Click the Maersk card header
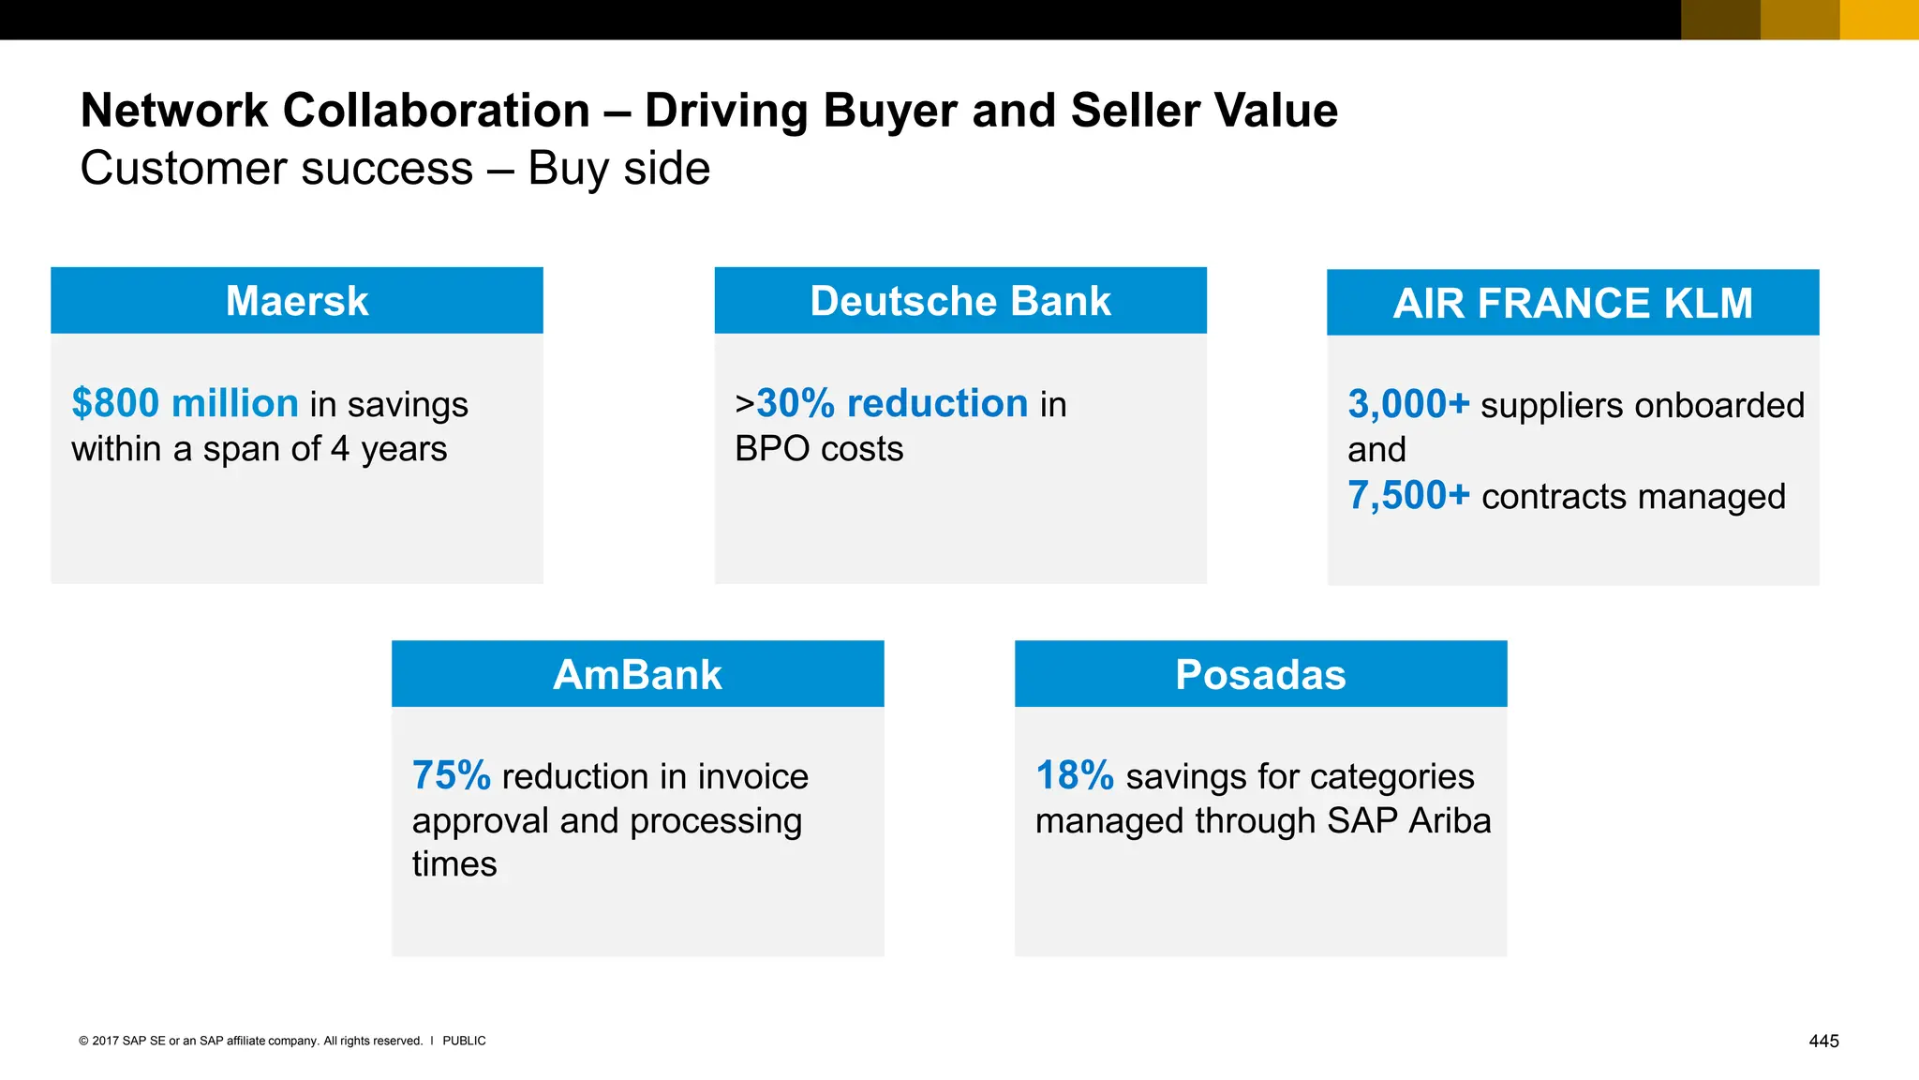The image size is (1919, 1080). tap(297, 301)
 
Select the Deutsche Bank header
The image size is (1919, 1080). tap(959, 301)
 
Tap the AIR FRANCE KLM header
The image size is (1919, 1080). tap(1572, 303)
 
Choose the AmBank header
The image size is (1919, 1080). tap(637, 674)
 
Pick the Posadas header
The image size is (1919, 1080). tap(1260, 674)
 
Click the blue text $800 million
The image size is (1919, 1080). tap(185, 403)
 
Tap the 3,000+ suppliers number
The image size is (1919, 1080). tap(1408, 404)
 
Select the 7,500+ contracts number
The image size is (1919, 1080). tap(1408, 495)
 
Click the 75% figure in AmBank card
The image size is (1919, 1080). tap(451, 775)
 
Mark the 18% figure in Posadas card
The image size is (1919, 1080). tap(1074, 775)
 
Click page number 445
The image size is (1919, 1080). tap(1823, 1041)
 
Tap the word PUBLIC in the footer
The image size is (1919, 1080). tap(464, 1041)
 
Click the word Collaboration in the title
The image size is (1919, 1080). tap(436, 111)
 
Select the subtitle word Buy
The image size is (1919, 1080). tap(568, 169)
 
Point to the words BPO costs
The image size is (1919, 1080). tap(818, 448)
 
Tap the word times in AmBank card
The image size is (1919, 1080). tap(454, 863)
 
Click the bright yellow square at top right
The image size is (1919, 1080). tap(1879, 20)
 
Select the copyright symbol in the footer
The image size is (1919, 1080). tap(83, 1041)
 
